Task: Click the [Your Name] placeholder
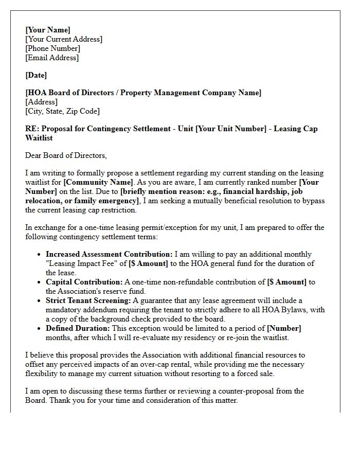[48, 30]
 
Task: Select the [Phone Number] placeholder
[52, 48]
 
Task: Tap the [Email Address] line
[52, 58]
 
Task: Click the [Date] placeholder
[36, 75]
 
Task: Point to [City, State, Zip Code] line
[62, 111]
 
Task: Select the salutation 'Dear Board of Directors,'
[66, 155]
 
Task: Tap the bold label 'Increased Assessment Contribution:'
[109, 254]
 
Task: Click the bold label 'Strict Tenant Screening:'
[88, 300]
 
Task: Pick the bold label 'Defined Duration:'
[78, 328]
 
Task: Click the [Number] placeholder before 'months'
[284, 328]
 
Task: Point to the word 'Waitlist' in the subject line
[39, 138]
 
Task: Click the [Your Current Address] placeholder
[64, 39]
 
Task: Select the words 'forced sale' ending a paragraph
[254, 373]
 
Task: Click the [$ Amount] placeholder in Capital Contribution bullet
[286, 282]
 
